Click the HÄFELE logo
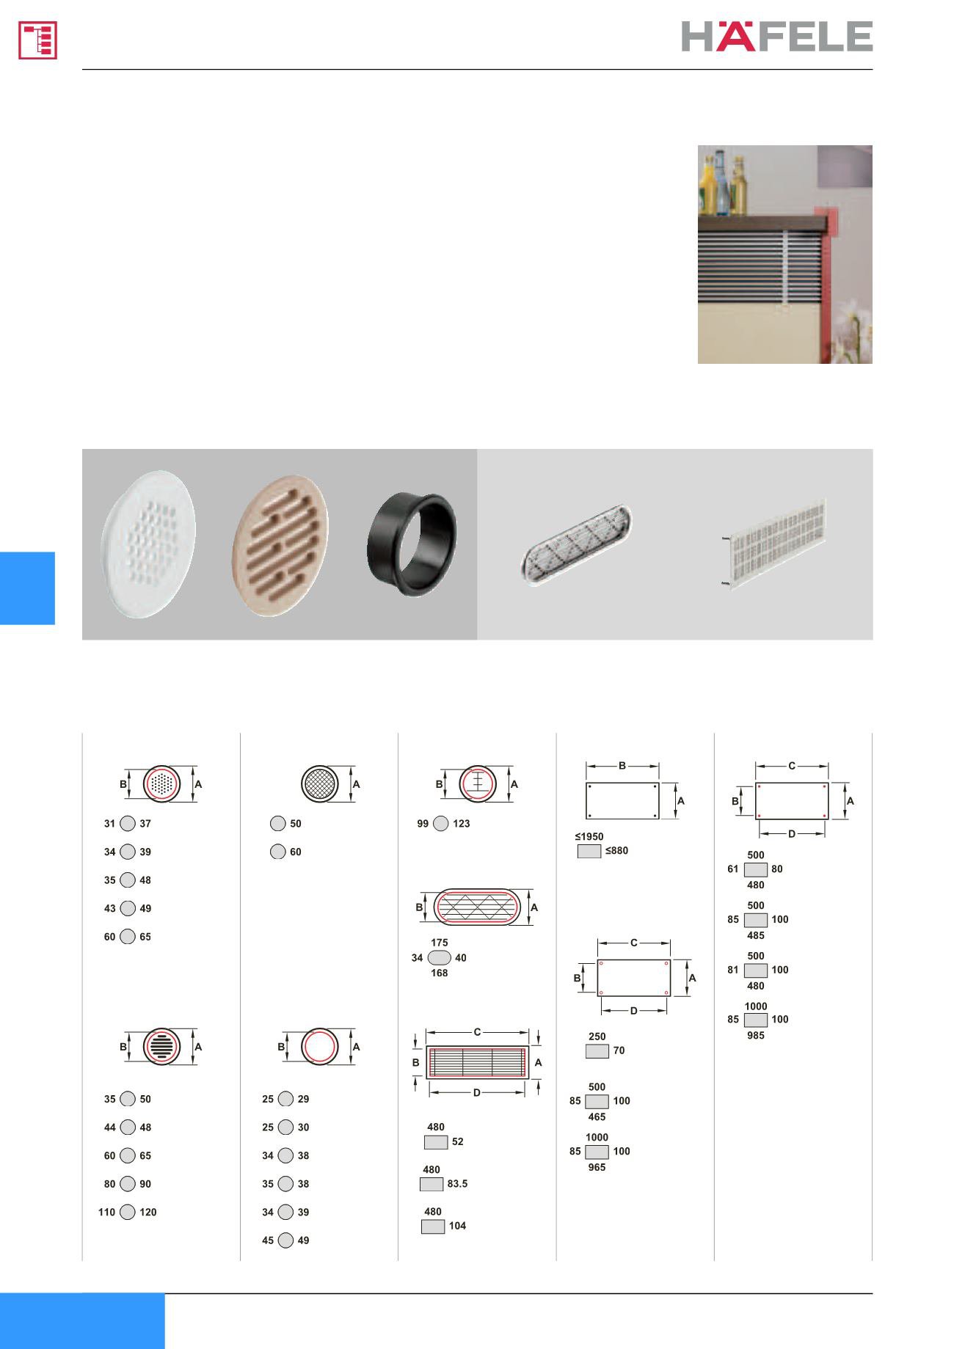tap(776, 36)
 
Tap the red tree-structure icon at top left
tap(37, 40)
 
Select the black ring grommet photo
tap(412, 543)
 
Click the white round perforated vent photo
tap(148, 544)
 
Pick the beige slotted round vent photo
tap(280, 546)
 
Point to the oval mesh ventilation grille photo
tap(576, 539)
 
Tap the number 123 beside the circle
tap(462, 824)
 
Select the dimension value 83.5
tap(457, 1184)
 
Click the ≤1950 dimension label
tap(589, 836)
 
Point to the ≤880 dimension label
tap(616, 851)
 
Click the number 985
tap(756, 1036)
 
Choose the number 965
tap(597, 1167)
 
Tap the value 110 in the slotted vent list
tap(107, 1213)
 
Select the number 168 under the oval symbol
tap(440, 973)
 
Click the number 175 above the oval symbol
tap(440, 943)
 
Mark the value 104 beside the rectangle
tap(458, 1226)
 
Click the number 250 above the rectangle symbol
tap(597, 1037)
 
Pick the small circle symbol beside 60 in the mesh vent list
tap(278, 852)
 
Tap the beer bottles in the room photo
tap(723, 183)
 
